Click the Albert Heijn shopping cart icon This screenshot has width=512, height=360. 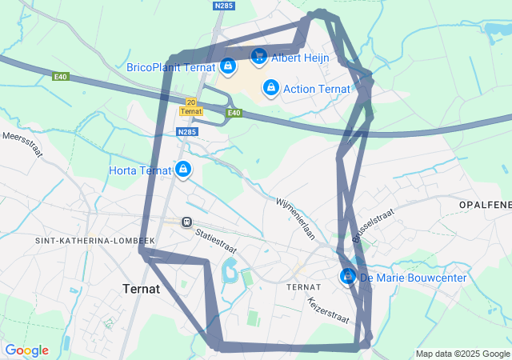tap(258, 56)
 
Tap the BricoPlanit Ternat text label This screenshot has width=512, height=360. tap(171, 67)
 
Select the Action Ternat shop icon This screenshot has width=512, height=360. tap(270, 86)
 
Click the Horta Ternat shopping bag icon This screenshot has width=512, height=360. tap(183, 169)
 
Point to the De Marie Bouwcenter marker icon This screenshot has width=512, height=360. tap(348, 277)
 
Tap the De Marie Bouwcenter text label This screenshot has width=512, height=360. tap(413, 278)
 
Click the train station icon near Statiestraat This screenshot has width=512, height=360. tap(186, 222)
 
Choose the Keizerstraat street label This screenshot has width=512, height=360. tap(329, 310)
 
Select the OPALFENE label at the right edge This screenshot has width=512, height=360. tap(485, 206)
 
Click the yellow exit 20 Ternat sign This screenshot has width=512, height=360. tap(190, 106)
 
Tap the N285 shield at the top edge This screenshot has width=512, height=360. tap(225, 5)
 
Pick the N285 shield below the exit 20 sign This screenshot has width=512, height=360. tap(186, 132)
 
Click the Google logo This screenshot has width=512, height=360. tap(26, 350)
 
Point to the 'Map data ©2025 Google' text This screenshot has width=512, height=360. tap(462, 354)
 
